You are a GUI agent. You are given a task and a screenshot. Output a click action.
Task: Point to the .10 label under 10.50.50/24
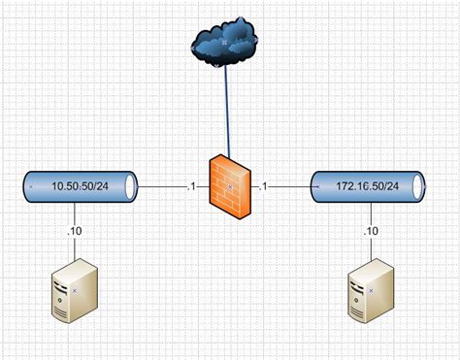tap(75, 231)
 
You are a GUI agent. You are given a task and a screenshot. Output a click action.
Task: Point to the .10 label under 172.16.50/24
tap(371, 231)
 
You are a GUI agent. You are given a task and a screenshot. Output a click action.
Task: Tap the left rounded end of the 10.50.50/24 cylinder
tap(27, 185)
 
